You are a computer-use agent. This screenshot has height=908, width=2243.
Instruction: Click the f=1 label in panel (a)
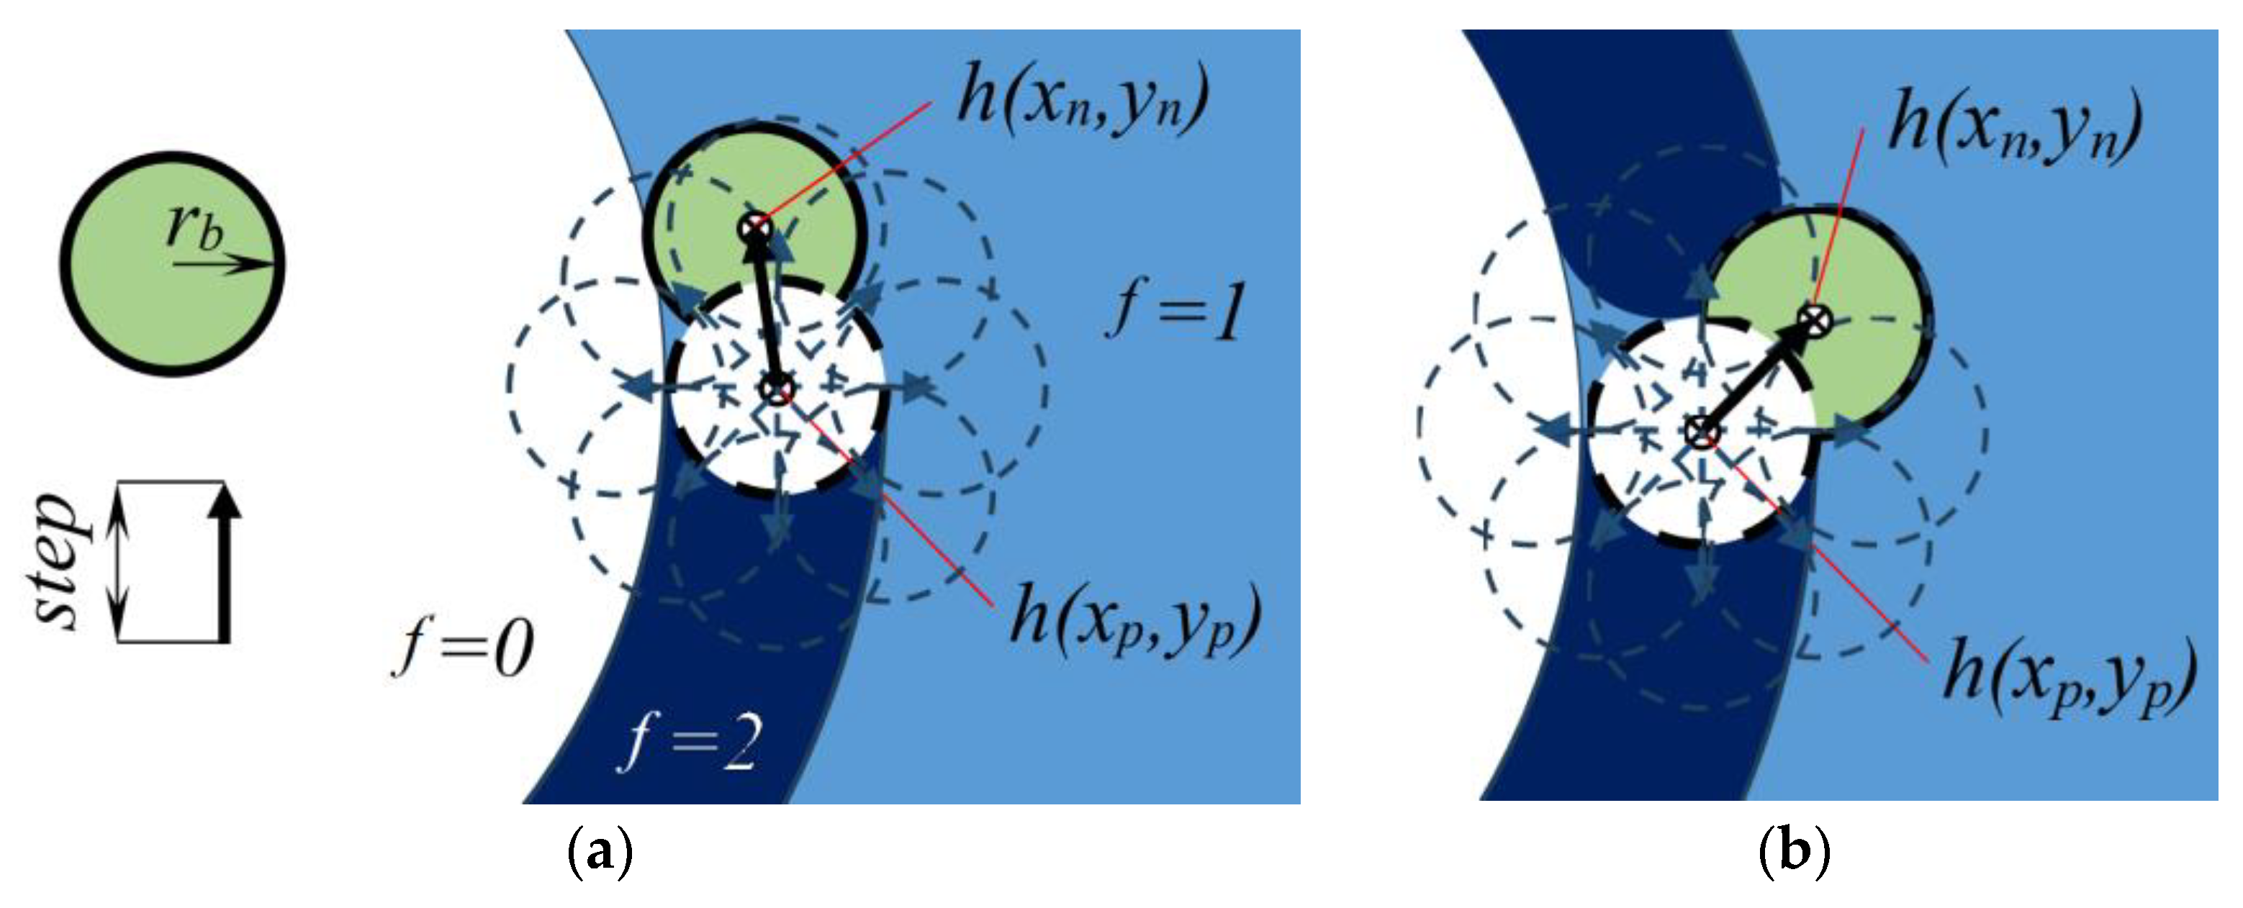(x=1176, y=312)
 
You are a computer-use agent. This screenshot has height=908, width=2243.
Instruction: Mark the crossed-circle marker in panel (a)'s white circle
(x=776, y=389)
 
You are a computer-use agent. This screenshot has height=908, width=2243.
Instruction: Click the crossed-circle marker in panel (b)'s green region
(x=1815, y=319)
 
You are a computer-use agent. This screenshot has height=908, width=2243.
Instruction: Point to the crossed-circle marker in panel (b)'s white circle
(x=1700, y=432)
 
